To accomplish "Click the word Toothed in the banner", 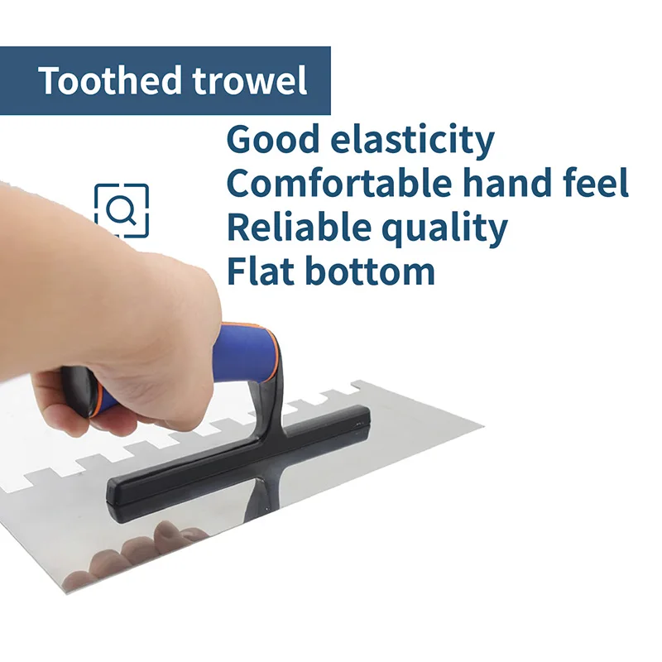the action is point(110,80).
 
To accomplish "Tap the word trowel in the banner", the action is point(250,80).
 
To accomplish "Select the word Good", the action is point(273,140).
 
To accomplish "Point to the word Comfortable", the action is point(338,183).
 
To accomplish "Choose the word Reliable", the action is point(299,226).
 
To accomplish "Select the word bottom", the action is point(370,271).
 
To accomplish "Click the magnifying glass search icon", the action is point(122,210).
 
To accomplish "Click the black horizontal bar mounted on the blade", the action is point(238,464).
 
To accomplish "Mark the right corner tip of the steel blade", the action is point(484,426).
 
